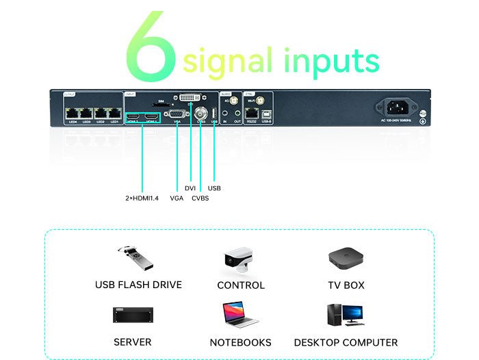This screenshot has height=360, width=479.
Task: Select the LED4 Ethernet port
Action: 71,112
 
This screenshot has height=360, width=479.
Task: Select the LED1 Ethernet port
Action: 114,112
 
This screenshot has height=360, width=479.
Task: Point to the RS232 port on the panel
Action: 253,112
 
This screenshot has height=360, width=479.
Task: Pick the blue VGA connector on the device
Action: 177,115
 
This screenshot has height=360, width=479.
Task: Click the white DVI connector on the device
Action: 190,99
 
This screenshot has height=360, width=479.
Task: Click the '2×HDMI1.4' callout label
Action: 142,198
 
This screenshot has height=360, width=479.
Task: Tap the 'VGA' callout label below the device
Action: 177,198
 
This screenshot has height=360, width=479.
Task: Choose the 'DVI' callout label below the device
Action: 190,188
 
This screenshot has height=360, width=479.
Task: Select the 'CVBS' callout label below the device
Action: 200,198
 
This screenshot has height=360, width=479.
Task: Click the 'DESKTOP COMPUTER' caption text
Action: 346,342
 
